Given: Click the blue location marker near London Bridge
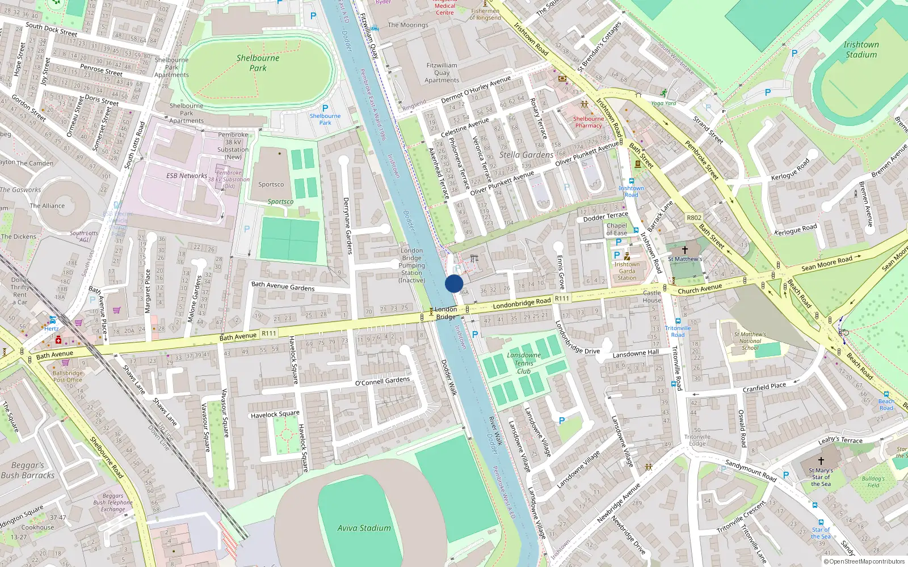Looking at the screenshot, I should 454,283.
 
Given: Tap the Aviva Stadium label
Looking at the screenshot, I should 364,528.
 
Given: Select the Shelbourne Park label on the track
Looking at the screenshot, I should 258,63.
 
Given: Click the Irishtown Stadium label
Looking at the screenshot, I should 861,50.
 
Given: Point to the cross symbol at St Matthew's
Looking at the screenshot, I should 685,249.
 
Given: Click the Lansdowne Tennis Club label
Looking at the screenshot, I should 524,363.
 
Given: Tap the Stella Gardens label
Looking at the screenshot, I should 526,155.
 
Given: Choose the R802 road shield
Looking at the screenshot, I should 694,218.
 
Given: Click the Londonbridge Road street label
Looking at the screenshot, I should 522,303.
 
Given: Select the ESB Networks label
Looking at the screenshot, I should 186,176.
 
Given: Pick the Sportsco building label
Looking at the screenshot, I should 271,184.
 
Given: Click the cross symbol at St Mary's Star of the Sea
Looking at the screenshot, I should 821,461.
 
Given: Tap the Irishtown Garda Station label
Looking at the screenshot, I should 627,271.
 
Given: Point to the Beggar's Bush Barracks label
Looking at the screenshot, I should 28,470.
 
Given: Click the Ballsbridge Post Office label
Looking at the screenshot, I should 68,376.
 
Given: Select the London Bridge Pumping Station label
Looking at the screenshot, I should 411,265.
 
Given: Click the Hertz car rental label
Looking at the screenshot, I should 51,328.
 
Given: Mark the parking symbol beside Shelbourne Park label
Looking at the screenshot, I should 325,108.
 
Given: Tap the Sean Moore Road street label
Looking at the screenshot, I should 827,264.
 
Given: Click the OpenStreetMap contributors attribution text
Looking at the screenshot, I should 864,562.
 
